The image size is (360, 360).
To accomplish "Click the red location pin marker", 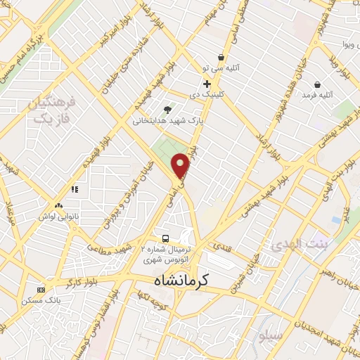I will (181, 165).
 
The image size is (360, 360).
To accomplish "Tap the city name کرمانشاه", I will (181, 280).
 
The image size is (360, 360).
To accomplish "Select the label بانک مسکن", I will (42, 300).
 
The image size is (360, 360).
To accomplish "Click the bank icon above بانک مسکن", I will (41, 289).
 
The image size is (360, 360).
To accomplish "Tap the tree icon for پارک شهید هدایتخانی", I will (167, 110).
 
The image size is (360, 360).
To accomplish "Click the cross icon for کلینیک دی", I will (205, 84).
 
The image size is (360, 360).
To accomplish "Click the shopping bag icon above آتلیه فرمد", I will (318, 84).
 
